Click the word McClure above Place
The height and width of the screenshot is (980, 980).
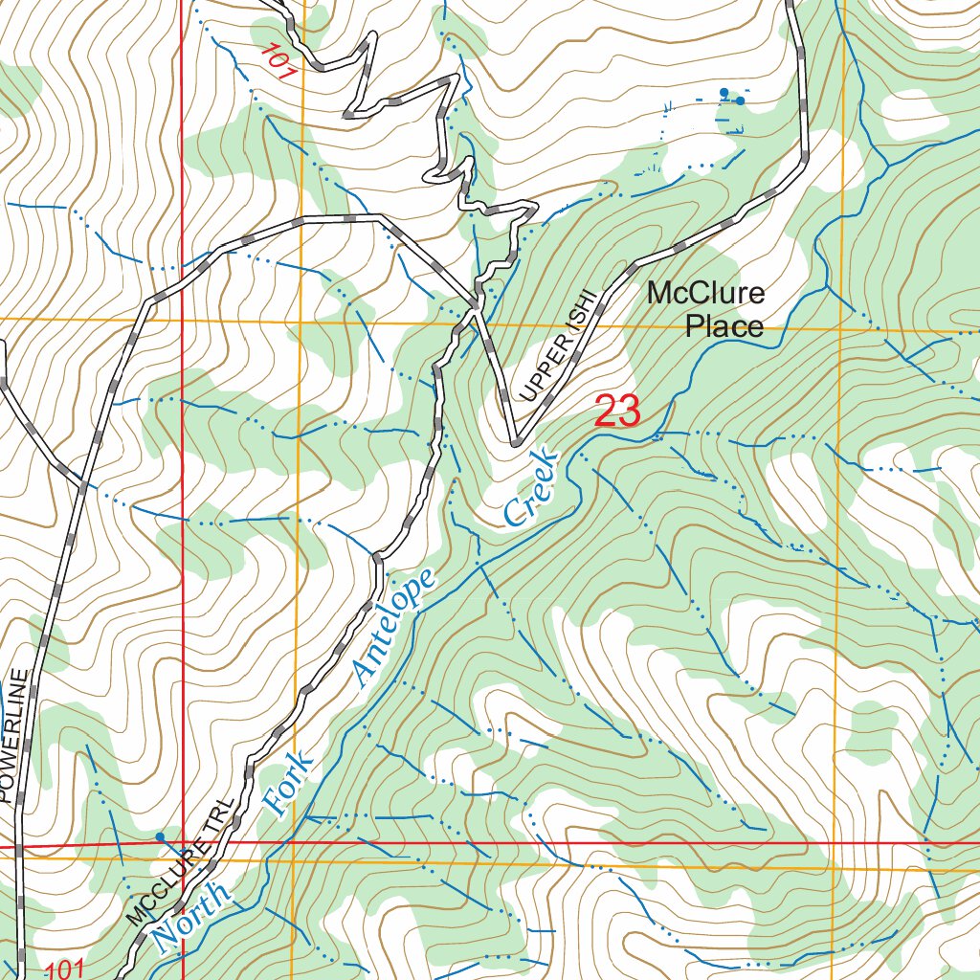tap(705, 293)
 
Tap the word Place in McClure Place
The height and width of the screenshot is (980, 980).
tap(724, 327)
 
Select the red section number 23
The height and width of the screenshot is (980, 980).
tap(616, 412)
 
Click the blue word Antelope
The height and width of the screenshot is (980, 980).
tap(394, 627)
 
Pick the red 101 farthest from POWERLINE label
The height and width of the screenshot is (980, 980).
tap(276, 59)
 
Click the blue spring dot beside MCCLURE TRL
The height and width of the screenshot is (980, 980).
tap(160, 836)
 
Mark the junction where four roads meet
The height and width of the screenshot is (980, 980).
tap(476, 306)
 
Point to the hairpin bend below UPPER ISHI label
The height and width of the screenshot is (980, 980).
tap(515, 443)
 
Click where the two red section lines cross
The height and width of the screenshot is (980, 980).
tap(182, 845)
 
